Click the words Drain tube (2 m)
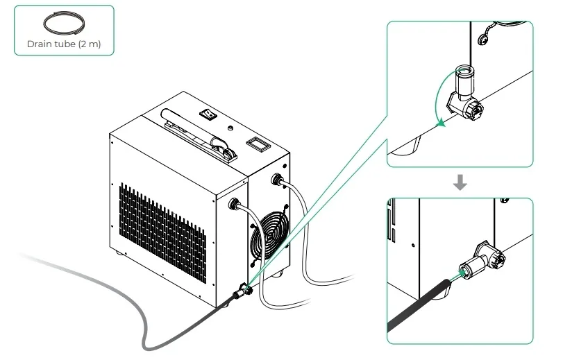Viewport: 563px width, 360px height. click(64, 44)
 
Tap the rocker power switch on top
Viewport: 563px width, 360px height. click(208, 114)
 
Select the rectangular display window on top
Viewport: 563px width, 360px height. click(258, 144)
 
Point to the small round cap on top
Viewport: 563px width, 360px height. click(230, 128)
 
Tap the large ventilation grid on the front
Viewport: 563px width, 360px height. click(162, 232)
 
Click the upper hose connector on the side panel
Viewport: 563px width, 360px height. click(277, 178)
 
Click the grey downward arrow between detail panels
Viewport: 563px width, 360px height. click(460, 182)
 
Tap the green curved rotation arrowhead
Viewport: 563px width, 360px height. click(440, 123)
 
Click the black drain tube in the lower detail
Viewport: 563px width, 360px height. click(419, 305)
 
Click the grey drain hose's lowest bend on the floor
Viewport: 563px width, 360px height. click(148, 346)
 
